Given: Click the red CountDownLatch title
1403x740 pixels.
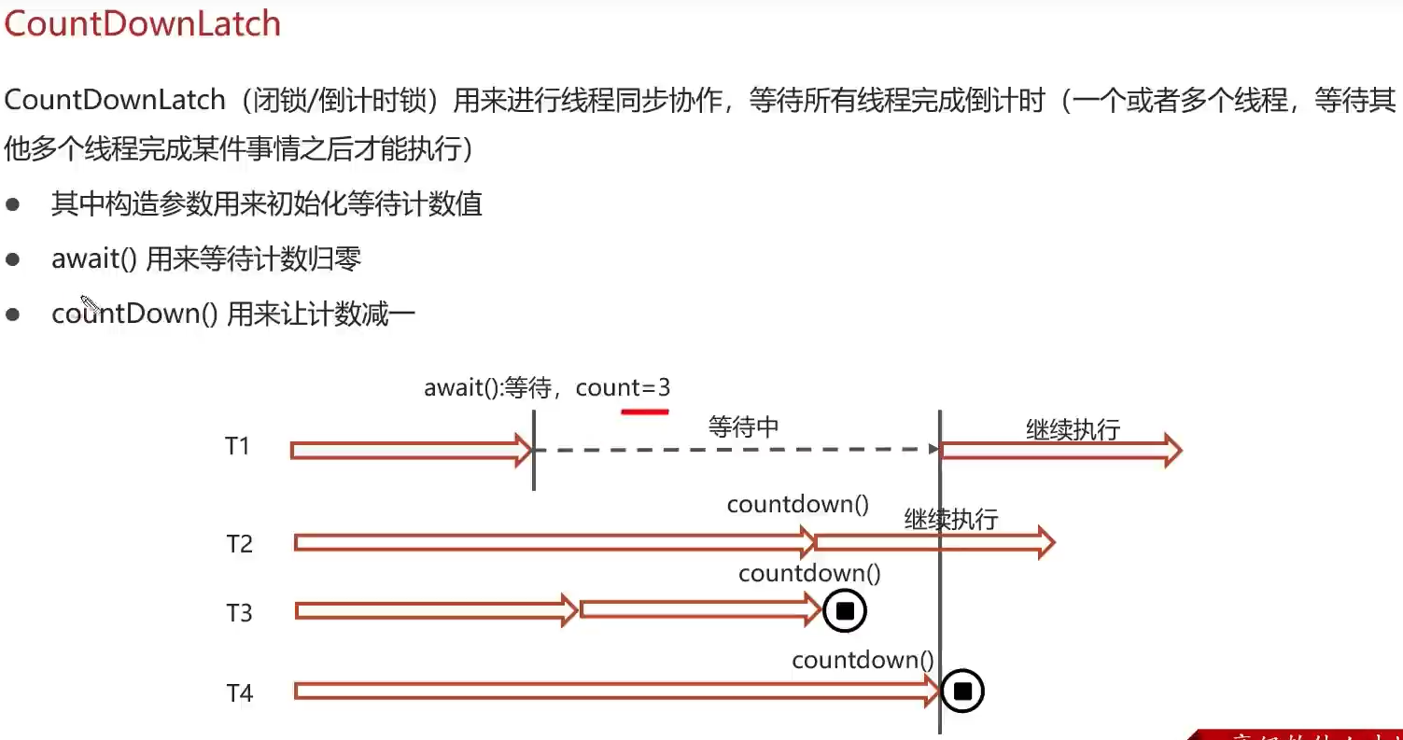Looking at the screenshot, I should (x=142, y=23).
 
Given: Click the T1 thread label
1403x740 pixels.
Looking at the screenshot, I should (x=238, y=446).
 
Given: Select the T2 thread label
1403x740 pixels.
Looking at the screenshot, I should (x=239, y=543).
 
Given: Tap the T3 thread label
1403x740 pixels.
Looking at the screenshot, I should (x=239, y=613).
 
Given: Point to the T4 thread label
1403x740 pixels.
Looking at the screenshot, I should (x=239, y=693).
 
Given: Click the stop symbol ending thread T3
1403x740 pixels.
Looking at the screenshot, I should (x=845, y=611).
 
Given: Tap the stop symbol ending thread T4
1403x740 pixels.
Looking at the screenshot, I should (x=963, y=691).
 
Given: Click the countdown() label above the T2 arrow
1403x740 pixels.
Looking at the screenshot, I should (x=798, y=505).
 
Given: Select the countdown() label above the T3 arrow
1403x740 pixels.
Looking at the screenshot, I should (x=809, y=573).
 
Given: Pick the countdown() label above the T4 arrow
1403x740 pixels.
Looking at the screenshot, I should (x=863, y=660).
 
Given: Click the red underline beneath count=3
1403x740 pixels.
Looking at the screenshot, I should (x=645, y=410).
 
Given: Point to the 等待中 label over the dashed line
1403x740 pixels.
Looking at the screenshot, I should (x=743, y=427).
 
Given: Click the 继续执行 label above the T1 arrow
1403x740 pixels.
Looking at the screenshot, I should (x=1073, y=429).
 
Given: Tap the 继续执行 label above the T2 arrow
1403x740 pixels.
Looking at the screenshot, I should (x=951, y=519).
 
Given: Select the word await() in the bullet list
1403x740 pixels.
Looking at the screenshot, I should (x=94, y=258).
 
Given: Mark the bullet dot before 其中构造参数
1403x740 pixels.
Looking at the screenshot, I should (x=13, y=204).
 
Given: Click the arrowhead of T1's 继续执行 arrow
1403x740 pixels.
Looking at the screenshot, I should (x=1171, y=451).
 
